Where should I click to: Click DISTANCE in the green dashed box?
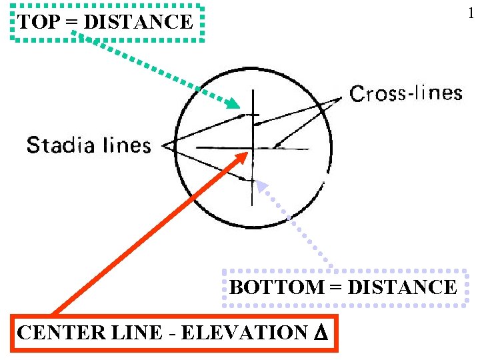[x=139, y=23]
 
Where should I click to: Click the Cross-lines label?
[x=406, y=93]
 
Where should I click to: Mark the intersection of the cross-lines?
[x=252, y=147]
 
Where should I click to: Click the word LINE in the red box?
[x=127, y=332]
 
